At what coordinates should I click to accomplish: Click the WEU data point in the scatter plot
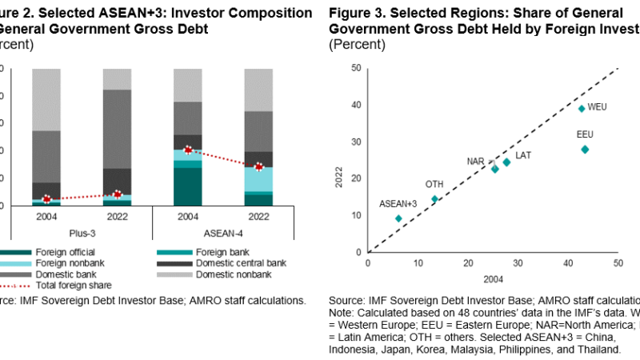click(582, 108)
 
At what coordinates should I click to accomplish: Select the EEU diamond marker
click(585, 150)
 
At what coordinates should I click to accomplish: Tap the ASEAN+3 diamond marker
click(398, 218)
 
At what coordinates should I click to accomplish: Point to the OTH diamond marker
click(435, 199)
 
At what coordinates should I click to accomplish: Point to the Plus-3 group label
click(81, 234)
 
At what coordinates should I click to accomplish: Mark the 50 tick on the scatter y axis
click(355, 68)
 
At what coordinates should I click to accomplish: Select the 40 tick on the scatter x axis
click(568, 262)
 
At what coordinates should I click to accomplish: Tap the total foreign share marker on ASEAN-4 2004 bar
click(188, 150)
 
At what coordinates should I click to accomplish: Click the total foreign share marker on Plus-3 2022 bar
click(118, 194)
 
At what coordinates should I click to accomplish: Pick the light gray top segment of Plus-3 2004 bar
click(46, 99)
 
